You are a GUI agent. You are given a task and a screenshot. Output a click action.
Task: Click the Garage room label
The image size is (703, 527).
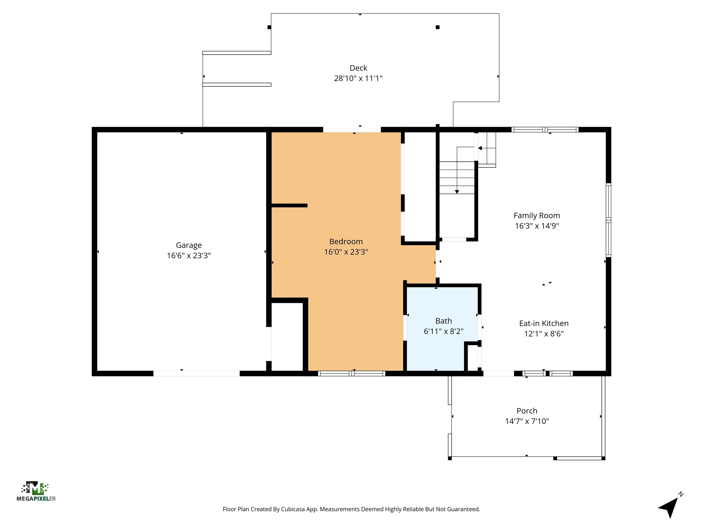pos(189,245)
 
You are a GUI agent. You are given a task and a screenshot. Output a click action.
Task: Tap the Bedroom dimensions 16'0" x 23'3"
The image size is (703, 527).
pos(346,252)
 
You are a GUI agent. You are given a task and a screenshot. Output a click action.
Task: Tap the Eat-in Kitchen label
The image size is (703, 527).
pos(543,323)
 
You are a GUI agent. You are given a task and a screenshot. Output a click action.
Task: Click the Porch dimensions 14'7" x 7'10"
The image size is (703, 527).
pos(527,421)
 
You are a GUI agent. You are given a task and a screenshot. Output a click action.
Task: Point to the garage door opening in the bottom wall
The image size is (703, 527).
pos(196,374)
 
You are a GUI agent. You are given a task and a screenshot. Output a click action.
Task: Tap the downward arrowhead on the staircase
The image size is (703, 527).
pos(457,192)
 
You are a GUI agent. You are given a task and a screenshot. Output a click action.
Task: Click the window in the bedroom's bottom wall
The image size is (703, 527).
pos(351,374)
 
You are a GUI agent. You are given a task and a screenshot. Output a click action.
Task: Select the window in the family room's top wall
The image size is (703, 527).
pos(545,130)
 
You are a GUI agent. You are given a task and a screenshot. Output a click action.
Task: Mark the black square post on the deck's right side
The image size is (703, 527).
pos(437,27)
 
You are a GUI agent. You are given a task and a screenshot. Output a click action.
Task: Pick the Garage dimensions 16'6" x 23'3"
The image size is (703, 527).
pos(189,256)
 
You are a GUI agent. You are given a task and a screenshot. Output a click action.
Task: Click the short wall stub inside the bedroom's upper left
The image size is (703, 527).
pos(289,206)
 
